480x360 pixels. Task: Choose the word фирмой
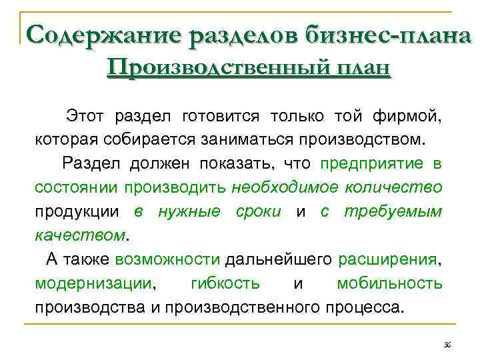coord(411,117)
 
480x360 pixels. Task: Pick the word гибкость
coord(225,283)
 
